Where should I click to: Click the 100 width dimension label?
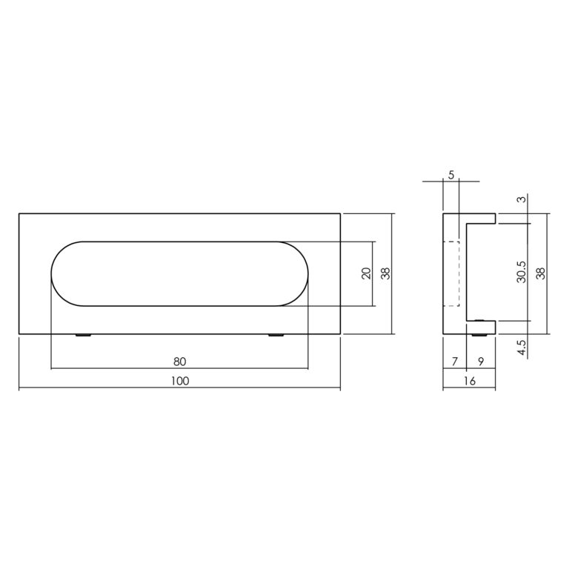coord(180,381)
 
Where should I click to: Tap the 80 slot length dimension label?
coord(179,362)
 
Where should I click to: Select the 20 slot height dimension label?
coord(367,273)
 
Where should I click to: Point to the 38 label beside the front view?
coord(385,273)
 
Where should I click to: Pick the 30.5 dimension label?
coord(521,272)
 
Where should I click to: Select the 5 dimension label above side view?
coord(451,175)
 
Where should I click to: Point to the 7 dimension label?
coord(455,362)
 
